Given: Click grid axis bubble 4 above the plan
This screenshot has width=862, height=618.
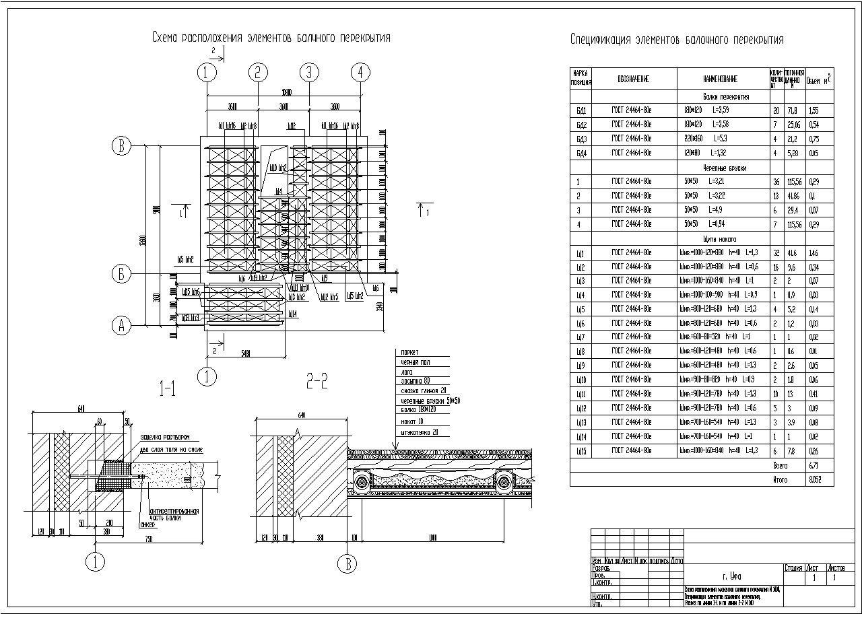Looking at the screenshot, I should [360, 72].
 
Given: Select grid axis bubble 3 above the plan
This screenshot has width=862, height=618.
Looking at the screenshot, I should [308, 72].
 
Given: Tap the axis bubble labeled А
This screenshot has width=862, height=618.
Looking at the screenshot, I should [121, 326].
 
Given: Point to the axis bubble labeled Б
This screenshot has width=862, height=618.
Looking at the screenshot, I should [121, 274].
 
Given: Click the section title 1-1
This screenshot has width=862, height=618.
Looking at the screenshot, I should [168, 387].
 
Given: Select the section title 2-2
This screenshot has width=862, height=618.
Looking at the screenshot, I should [317, 382].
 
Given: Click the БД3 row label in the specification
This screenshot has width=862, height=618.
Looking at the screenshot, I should [581, 139].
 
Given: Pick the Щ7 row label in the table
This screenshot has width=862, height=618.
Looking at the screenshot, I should [581, 337].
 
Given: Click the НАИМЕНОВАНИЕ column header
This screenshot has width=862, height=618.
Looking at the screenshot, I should [720, 79].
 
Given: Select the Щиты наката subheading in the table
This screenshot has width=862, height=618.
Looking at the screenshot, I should [720, 239].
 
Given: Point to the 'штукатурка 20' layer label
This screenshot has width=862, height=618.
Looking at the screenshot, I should [419, 432].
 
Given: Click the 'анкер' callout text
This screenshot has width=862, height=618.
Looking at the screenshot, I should [147, 525].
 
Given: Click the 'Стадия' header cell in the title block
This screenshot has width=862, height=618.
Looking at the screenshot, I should [794, 568].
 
